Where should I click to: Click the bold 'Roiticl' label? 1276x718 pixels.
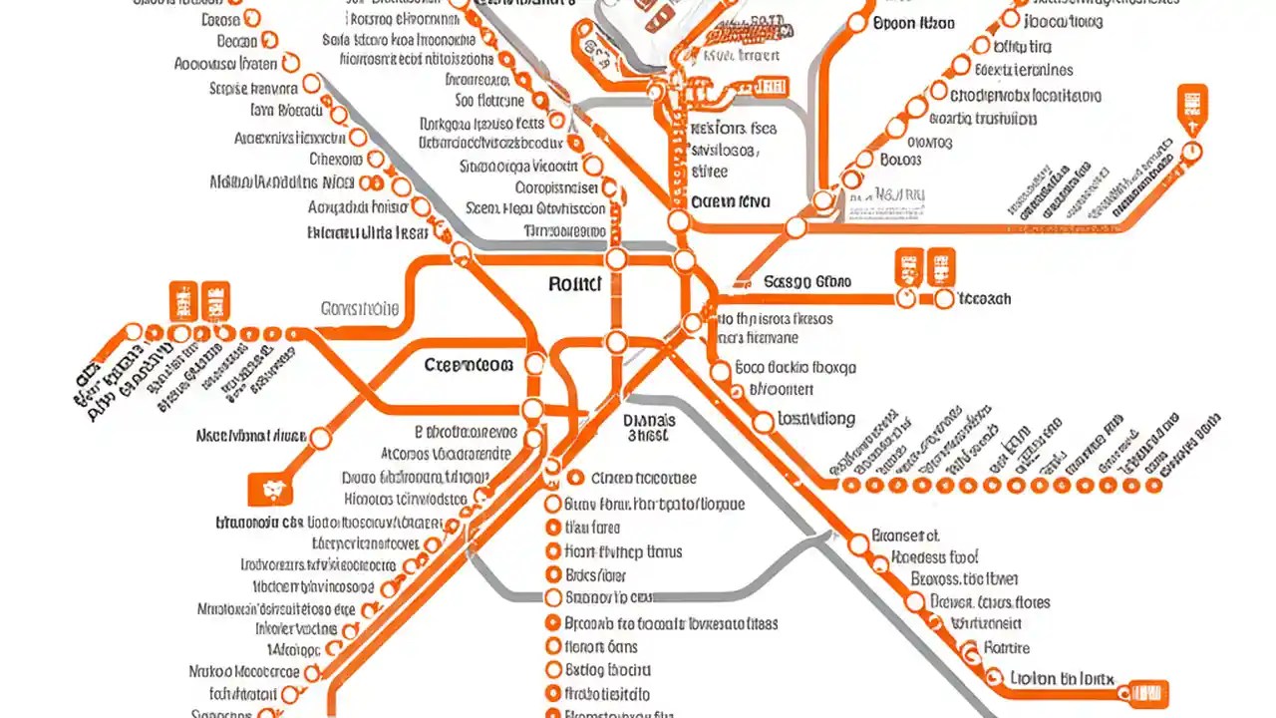575,284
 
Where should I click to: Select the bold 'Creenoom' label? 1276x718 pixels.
469,365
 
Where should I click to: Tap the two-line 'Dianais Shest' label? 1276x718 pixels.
649,428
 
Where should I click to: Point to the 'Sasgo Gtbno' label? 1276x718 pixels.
807,282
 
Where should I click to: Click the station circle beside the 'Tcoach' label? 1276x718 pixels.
943,298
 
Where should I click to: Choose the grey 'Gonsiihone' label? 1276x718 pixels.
360,309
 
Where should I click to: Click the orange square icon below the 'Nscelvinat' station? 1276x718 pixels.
268,489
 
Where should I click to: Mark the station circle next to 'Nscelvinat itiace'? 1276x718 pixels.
321,438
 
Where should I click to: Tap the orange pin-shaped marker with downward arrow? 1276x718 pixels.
1192,109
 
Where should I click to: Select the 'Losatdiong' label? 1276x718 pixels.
816,419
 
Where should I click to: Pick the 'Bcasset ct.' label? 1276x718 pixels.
905,536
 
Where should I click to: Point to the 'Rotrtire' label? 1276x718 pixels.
1006,647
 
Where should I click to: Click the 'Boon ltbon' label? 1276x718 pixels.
913,23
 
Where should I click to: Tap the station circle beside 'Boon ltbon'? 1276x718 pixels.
858,22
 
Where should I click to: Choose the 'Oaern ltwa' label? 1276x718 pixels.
731,201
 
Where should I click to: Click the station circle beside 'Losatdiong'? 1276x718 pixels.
763,422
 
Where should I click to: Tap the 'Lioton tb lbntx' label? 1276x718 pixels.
1062,678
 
